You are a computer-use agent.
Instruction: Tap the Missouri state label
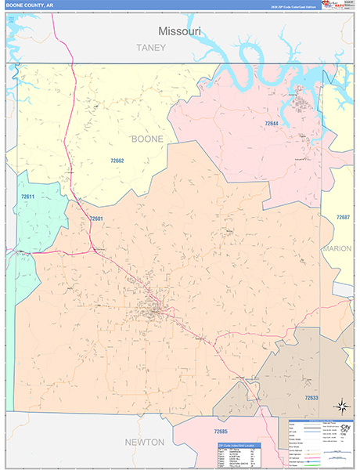[179, 31]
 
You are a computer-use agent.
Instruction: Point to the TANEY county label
[151, 48]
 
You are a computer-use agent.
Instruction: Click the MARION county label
[337, 248]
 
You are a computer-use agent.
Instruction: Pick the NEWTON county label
[145, 443]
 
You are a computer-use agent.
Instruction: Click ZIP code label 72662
[117, 161]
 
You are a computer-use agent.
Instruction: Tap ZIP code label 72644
[271, 124]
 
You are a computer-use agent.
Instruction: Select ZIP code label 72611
[28, 196]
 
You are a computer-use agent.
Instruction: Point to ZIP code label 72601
[95, 219]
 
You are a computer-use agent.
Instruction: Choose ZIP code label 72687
[343, 217]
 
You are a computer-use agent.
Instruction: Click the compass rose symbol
[341, 406]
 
